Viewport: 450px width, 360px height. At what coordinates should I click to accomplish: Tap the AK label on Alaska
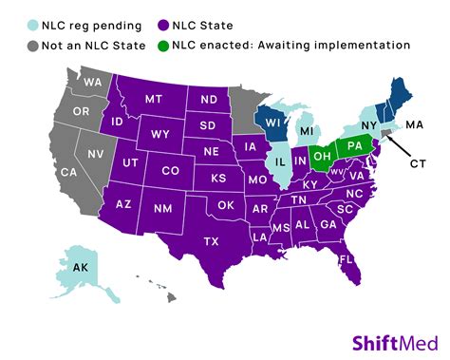(x=82, y=268)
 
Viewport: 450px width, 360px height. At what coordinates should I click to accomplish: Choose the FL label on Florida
(x=347, y=258)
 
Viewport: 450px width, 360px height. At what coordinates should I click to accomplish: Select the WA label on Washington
(x=91, y=82)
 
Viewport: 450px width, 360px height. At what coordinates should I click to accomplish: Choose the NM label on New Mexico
(x=162, y=208)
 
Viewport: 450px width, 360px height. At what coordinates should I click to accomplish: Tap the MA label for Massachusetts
(x=414, y=125)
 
